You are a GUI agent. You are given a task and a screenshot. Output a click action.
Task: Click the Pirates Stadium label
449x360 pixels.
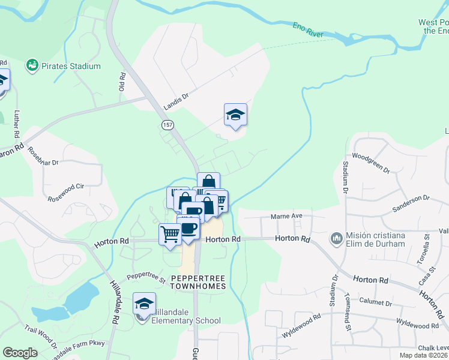pos(71,66)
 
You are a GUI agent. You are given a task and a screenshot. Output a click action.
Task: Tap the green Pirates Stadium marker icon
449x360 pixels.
pos(32,65)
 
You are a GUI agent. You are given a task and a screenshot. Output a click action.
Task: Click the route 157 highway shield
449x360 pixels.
pos(167,124)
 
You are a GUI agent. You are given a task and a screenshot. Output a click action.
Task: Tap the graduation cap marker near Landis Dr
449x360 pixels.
pos(236,115)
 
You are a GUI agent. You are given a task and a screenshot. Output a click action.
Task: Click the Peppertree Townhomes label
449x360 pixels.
pos(198,282)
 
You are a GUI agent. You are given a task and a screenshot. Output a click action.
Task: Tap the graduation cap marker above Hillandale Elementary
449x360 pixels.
pos(144,304)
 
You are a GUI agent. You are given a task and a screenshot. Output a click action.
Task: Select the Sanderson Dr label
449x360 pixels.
pos(411,197)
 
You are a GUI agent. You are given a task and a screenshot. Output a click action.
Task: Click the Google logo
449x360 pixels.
pos(20,353)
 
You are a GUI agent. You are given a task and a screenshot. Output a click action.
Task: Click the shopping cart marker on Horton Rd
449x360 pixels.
pos(170,234)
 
